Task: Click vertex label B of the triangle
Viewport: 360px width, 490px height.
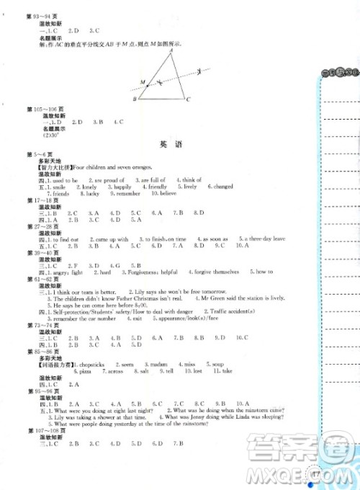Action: pos(135,99)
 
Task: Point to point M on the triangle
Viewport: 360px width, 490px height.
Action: pos(143,81)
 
